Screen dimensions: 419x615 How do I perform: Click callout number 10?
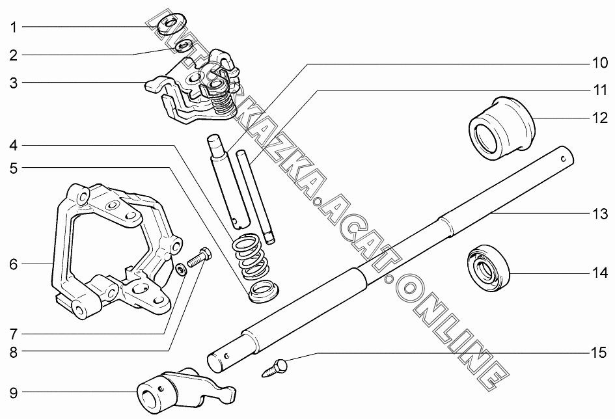pyautogui.click(x=598, y=64)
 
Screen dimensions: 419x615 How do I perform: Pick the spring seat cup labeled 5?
pyautogui.click(x=263, y=291)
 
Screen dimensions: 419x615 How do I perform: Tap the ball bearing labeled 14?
pyautogui.click(x=488, y=266)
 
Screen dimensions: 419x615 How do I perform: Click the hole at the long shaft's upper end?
pyautogui.click(x=564, y=157)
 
